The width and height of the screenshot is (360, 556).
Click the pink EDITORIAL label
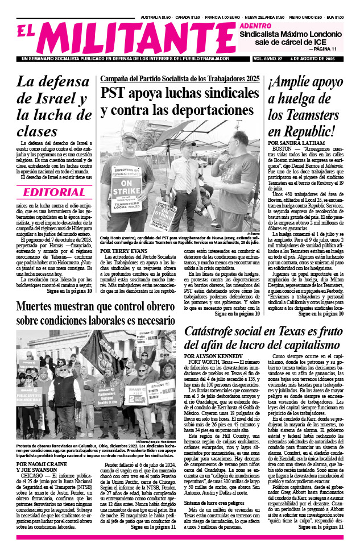pos(54,192)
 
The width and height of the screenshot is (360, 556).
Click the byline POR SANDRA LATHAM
pos(295,143)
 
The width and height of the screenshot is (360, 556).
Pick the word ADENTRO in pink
pos(255,26)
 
